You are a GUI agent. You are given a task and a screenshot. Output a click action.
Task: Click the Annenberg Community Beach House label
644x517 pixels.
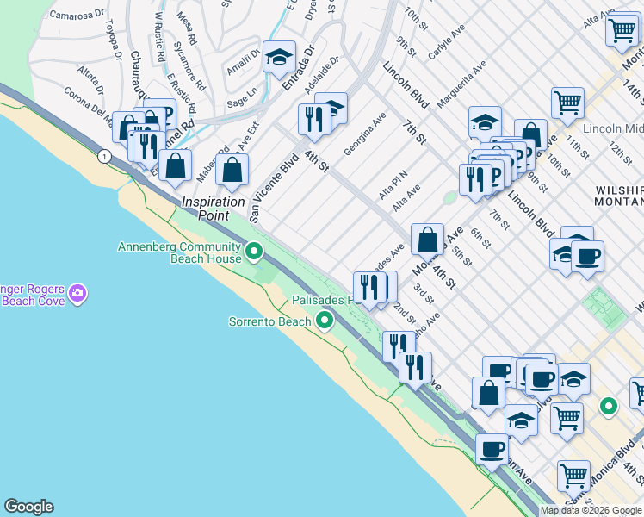(x=180, y=252)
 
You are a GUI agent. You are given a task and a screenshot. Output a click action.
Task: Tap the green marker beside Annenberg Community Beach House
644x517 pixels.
(x=254, y=252)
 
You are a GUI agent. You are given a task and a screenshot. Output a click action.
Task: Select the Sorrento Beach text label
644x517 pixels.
(x=269, y=322)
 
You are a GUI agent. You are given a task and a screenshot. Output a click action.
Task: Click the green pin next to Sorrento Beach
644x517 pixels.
(x=325, y=321)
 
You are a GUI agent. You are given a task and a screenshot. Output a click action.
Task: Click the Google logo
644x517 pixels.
(x=28, y=507)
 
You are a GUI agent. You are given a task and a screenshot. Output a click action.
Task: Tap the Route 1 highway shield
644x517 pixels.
(x=104, y=156)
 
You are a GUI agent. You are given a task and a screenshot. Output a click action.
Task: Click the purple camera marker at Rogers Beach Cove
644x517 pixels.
(x=78, y=294)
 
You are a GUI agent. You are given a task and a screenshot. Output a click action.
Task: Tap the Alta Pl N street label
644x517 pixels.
(x=393, y=184)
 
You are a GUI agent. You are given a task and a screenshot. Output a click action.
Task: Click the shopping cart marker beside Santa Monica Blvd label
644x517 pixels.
(x=573, y=475)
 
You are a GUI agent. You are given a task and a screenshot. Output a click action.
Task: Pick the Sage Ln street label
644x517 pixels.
(x=241, y=93)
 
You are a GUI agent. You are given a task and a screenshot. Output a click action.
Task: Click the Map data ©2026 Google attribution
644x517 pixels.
(x=591, y=510)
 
